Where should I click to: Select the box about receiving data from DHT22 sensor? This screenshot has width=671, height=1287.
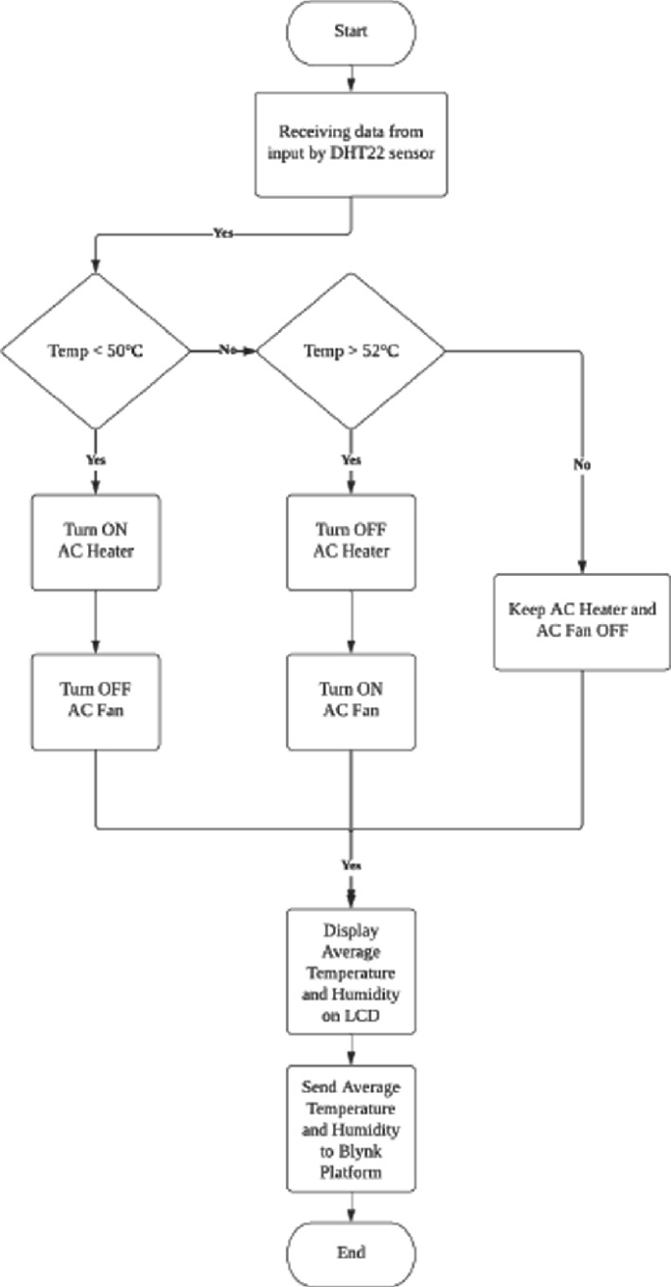(351, 144)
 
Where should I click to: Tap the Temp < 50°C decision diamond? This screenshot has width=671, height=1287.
(95, 351)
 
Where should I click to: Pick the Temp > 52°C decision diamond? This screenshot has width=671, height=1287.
(350, 351)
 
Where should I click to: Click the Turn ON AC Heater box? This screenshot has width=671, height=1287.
(95, 542)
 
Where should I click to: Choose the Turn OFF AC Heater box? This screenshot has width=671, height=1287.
(350, 542)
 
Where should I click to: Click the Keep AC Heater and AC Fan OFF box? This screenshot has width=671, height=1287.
(582, 620)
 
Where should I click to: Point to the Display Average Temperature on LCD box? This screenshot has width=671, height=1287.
(351, 971)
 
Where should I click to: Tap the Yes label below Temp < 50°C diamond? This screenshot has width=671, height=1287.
(95, 459)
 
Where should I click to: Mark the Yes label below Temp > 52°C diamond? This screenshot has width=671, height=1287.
(350, 459)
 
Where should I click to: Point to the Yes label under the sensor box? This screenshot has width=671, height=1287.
(222, 234)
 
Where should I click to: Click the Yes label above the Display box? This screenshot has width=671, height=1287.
(351, 866)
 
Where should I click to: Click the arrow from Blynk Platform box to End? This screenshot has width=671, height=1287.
(351, 1205)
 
